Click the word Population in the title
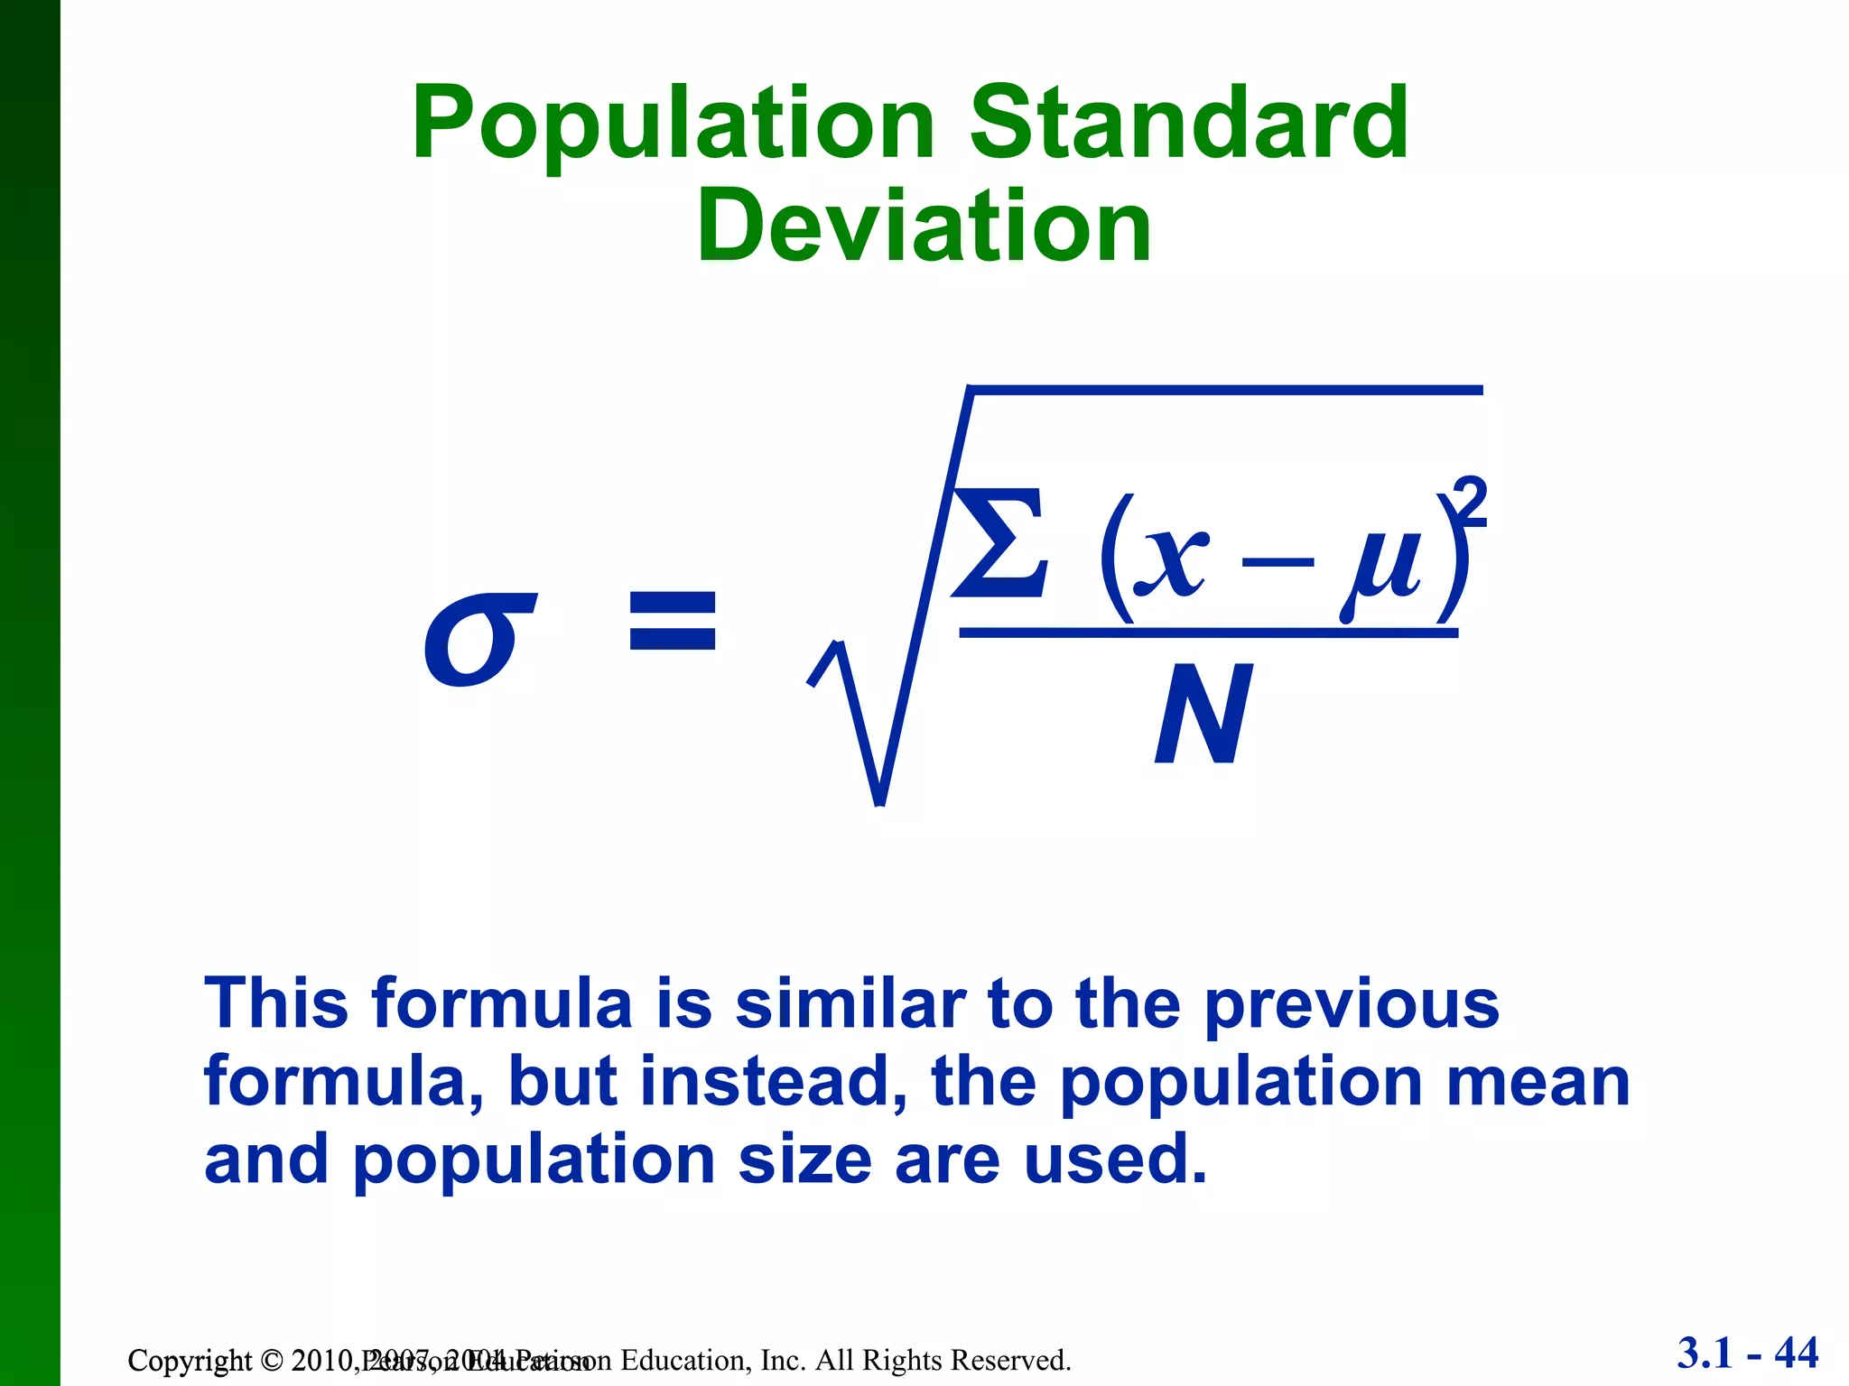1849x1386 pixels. [x=674, y=124]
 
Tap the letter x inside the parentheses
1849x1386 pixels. [x=1171, y=559]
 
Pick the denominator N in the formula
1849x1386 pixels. [x=1204, y=715]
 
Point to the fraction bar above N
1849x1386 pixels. [x=1208, y=633]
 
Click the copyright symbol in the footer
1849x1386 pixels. [x=272, y=1360]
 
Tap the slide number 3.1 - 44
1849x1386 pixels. [x=1748, y=1354]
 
